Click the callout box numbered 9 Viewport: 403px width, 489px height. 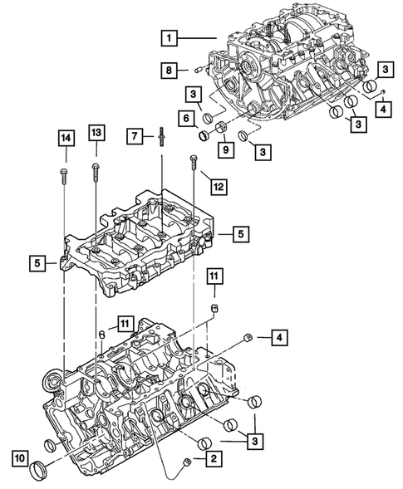pos(225,149)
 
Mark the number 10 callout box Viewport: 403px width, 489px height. pos(18,457)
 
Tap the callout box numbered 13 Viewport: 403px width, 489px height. pos(96,134)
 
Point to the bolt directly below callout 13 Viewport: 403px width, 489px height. pos(96,173)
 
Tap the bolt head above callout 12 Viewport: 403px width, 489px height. pos(194,159)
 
